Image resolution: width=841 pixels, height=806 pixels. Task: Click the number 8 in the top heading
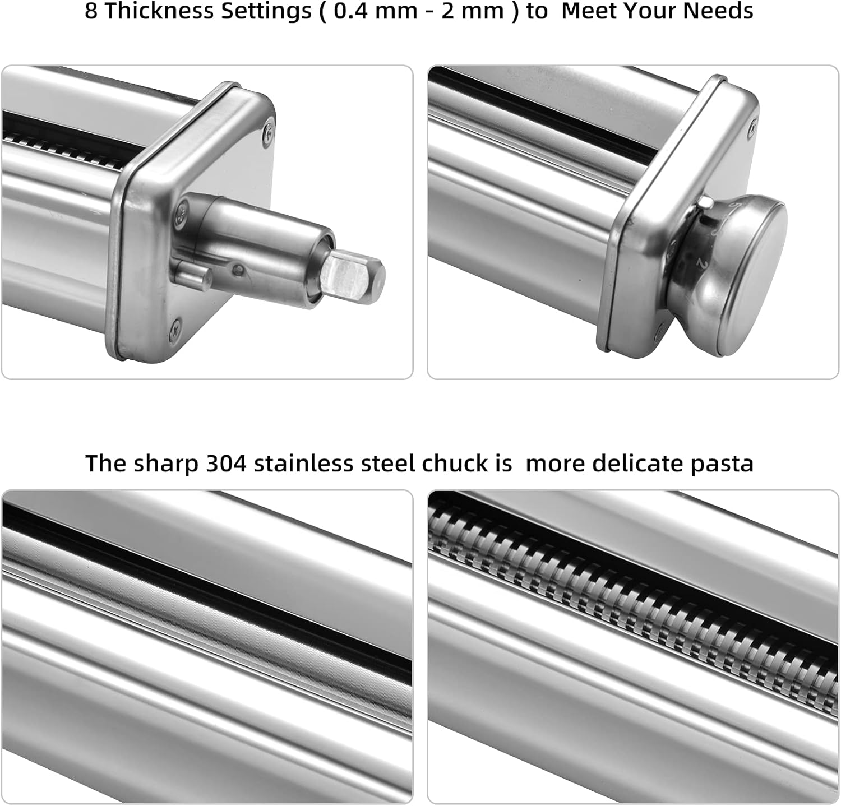(91, 11)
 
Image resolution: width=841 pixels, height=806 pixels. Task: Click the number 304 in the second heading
(227, 464)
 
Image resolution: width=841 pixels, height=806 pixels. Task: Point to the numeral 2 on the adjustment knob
(700, 262)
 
